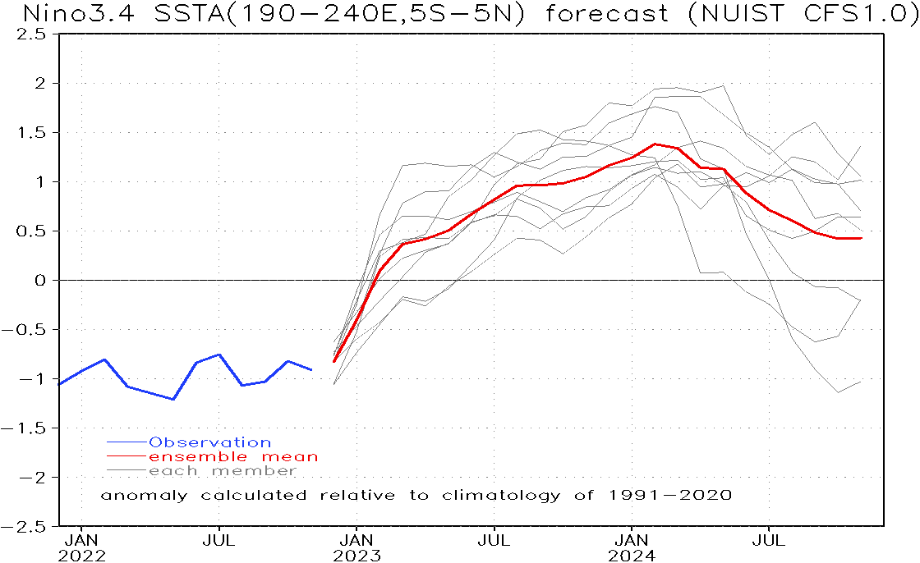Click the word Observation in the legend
209,442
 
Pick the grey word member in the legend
254,471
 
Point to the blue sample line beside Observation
126,442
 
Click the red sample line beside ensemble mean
126,456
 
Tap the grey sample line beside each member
126,470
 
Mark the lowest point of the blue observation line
173,399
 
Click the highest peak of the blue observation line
219,355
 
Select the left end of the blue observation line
60,383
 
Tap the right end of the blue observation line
311,370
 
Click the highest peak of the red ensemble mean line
655,144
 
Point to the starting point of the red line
334,361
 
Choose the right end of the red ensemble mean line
861,238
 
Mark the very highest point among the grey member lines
723,85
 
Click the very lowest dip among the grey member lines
838,392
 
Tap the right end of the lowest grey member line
861,382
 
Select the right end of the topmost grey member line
861,147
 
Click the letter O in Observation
154,442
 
